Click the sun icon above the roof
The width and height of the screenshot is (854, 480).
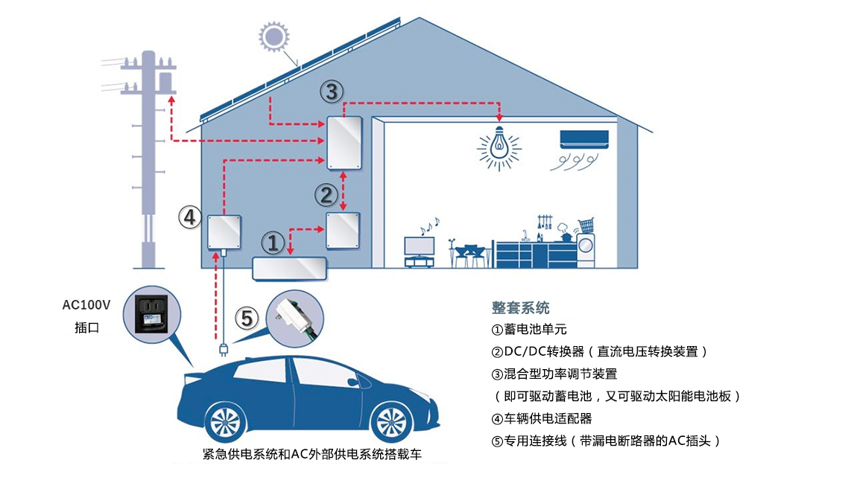click(273, 36)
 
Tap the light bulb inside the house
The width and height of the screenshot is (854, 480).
click(499, 144)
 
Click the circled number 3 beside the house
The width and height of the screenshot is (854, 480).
click(332, 92)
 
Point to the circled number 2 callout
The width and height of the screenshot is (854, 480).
click(326, 195)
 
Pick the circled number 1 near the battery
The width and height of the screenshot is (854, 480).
click(273, 243)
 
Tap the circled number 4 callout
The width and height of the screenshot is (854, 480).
click(190, 217)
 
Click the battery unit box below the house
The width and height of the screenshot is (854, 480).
click(290, 268)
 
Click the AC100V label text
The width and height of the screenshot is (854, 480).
click(86, 305)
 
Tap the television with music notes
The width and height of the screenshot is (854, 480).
click(419, 247)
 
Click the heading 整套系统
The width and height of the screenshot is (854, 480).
click(520, 308)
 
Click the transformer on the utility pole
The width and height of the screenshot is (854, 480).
click(165, 80)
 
